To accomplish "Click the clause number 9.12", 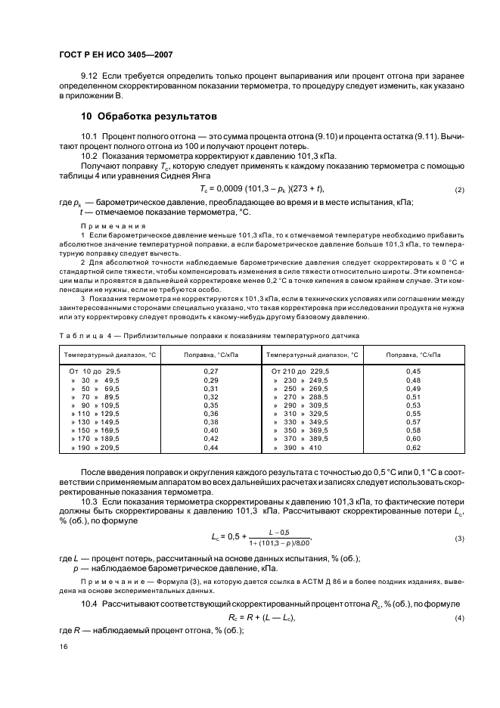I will point(90,77).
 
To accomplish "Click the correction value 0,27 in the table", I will point(211,371).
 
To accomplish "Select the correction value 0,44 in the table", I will point(211,449).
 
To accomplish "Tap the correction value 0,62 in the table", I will point(413,449).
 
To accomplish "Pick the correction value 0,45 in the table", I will point(413,371).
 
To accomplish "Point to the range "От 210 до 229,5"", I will point(300,371).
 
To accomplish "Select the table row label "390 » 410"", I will point(298,449).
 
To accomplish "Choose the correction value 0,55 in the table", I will point(413,415).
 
